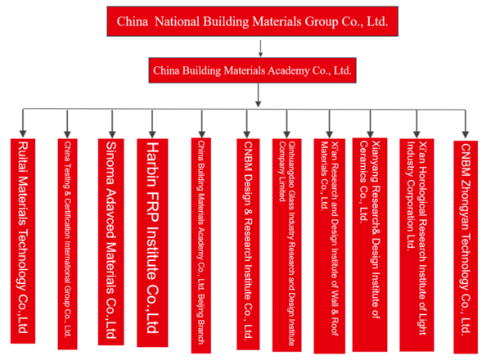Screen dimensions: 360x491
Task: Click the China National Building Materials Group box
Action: pos(253,20)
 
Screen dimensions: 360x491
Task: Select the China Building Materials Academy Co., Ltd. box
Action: pos(253,70)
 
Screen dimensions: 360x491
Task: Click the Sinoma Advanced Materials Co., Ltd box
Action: pos(111,241)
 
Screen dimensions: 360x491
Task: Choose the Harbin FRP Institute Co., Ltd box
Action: pos(151,241)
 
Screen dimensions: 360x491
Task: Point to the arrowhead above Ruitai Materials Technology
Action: pos(22,131)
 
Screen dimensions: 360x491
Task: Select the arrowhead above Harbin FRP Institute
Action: pos(151,131)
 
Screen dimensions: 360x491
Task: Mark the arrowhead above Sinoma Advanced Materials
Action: pos(111,131)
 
